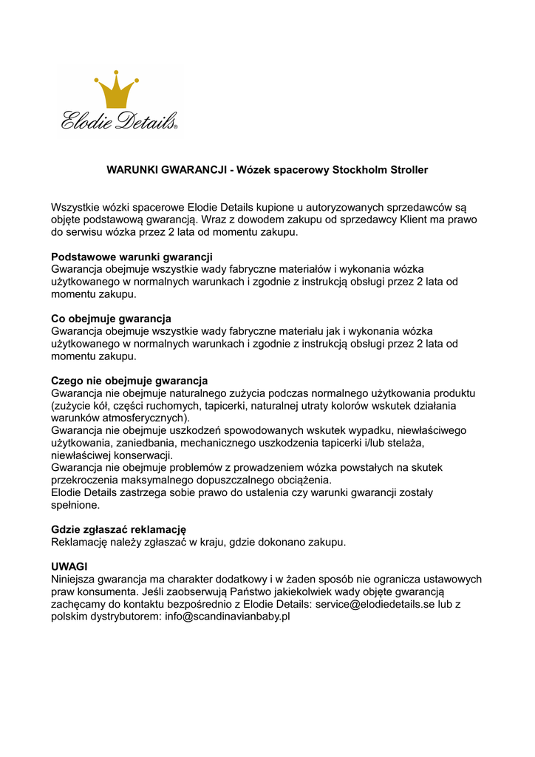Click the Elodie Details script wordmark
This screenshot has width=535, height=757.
[119, 120]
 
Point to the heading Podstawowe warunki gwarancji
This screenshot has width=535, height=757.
[132, 257]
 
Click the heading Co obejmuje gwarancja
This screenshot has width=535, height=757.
[111, 319]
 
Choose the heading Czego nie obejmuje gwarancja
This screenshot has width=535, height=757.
[129, 381]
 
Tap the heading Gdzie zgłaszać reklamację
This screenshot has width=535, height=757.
[118, 529]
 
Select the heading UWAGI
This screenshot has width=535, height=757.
[69, 566]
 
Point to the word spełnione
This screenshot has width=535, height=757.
[75, 505]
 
